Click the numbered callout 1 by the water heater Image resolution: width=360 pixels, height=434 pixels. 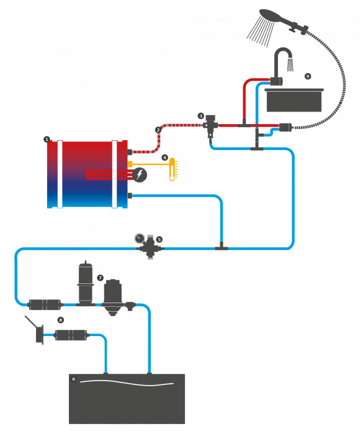(47, 139)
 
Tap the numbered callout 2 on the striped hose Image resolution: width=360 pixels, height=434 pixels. (158, 130)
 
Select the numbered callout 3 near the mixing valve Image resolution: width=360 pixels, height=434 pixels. (201, 116)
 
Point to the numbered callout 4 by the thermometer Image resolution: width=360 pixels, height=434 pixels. (165, 157)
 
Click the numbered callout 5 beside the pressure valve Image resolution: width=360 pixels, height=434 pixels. (159, 239)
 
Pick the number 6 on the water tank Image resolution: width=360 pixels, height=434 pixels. (74, 379)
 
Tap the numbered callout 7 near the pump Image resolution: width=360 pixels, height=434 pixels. (100, 278)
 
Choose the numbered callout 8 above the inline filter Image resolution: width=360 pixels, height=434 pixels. (60, 321)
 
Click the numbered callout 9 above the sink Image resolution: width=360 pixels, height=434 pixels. (308, 76)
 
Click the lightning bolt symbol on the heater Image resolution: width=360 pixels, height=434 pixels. (140, 175)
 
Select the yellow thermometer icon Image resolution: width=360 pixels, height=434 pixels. (172, 169)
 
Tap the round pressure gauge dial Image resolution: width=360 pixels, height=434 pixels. (140, 238)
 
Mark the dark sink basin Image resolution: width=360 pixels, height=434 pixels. (294, 100)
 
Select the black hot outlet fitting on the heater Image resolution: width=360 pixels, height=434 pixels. (130, 152)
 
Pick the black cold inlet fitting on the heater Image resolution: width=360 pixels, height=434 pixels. (130, 196)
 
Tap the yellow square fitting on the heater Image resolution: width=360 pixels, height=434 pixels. (130, 164)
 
